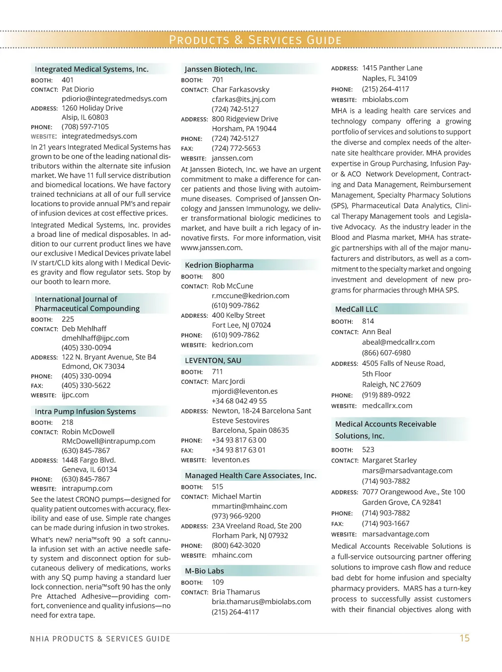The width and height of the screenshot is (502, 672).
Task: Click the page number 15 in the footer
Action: (464, 638)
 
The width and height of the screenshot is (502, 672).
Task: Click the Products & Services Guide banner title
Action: (255, 40)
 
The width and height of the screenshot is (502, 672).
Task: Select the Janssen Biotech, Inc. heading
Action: (221, 69)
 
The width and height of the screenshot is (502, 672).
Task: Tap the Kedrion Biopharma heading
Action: (219, 265)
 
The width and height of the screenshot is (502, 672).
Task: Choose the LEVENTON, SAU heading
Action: (213, 361)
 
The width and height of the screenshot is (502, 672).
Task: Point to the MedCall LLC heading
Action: (356, 309)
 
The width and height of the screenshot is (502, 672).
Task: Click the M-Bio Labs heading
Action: (204, 571)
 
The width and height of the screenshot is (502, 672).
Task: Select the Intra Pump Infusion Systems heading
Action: (85, 412)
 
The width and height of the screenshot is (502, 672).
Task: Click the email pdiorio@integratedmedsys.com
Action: (114, 99)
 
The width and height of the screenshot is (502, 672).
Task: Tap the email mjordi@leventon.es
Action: (245, 391)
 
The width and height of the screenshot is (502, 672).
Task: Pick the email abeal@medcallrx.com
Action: (398, 342)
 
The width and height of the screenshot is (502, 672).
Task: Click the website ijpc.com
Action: (75, 395)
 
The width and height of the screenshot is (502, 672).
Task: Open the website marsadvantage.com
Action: (395, 534)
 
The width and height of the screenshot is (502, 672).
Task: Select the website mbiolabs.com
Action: (385, 100)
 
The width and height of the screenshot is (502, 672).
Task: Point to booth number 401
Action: (68, 80)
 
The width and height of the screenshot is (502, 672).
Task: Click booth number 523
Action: (368, 450)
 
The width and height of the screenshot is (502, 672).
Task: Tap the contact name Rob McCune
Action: (232, 286)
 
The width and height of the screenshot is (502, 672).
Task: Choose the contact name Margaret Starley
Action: (389, 460)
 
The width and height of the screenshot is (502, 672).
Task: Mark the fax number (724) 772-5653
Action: (236, 148)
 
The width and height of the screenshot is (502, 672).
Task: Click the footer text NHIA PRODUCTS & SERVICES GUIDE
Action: (100, 639)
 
